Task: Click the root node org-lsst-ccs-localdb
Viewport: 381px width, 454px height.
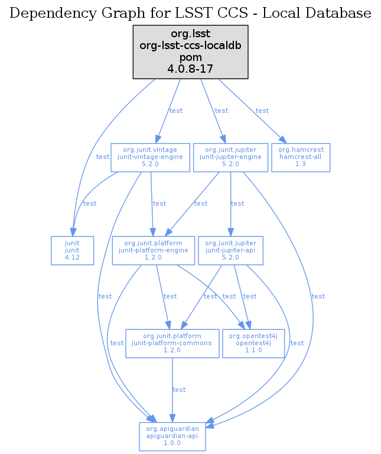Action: coord(190,51)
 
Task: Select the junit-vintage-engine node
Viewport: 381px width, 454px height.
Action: coord(152,157)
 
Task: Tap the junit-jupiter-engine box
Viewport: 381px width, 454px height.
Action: coord(231,157)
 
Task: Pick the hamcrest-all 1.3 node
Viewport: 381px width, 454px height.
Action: coord(301,157)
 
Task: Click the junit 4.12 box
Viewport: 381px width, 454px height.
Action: coord(73,251)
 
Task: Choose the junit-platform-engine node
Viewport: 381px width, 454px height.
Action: coord(153,251)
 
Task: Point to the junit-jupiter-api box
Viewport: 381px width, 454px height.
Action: coord(231,251)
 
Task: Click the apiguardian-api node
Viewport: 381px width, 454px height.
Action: coord(172,436)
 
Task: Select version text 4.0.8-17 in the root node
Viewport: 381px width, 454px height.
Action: coord(190,69)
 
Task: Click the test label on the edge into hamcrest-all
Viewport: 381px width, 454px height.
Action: coord(262,111)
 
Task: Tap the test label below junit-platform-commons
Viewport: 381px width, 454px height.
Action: coord(178,390)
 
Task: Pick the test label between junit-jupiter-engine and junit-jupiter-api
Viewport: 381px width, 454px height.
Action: coord(237,203)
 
